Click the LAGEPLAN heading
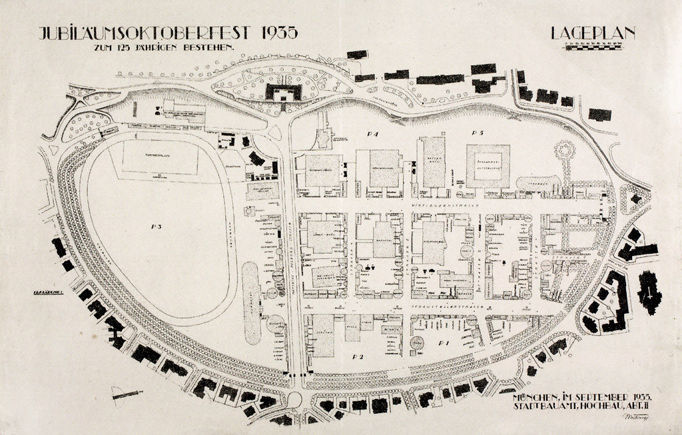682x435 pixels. point(593,33)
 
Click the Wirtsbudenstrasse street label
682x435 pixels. point(433,207)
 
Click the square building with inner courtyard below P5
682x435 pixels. point(488,166)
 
